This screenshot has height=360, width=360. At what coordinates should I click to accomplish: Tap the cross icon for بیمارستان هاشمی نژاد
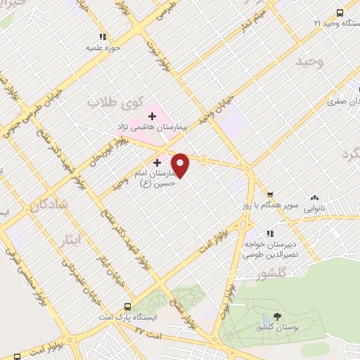point(152,115)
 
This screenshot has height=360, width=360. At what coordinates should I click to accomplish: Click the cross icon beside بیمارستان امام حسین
point(157,162)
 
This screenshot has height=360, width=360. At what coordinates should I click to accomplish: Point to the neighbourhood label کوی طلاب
point(111,103)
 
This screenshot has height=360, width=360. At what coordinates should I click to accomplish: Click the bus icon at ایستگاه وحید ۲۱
point(340,12)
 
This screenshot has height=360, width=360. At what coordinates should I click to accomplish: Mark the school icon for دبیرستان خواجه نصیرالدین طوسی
point(268,233)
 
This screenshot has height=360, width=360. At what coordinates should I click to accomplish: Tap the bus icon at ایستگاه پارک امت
point(127,307)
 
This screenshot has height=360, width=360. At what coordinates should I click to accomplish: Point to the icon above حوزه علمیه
point(102,36)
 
